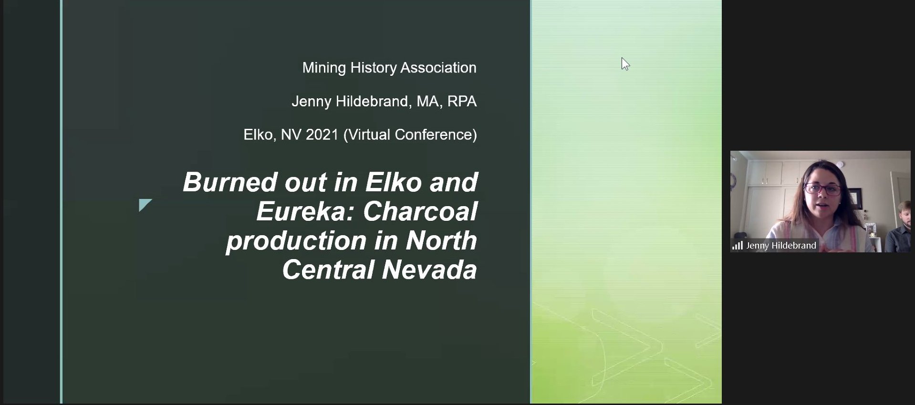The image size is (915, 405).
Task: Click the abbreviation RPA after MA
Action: [462, 101]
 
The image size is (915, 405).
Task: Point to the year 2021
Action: [322, 135]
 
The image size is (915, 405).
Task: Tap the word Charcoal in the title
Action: [420, 211]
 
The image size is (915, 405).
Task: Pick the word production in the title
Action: [296, 241]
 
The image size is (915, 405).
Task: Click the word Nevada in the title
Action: [429, 270]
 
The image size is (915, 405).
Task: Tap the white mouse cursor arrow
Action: [625, 64]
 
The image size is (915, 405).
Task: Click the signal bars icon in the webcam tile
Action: [738, 246]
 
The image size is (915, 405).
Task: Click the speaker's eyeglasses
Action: [823, 189]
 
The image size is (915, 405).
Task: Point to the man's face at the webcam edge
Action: [905, 214]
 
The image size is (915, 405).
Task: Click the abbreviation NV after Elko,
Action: [291, 135]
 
